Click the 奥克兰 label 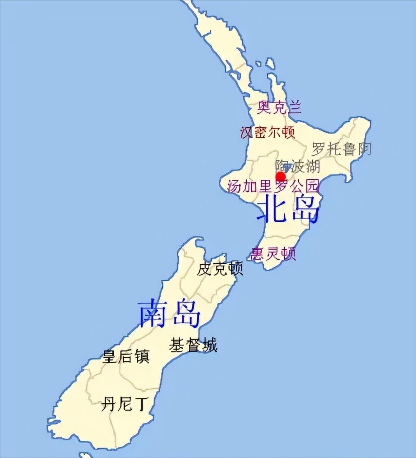pyautogui.click(x=279, y=108)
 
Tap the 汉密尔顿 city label pyautogui.click(x=268, y=132)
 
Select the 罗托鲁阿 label pyautogui.click(x=341, y=149)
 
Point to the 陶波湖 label pyautogui.click(x=298, y=166)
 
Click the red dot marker pyautogui.click(x=280, y=177)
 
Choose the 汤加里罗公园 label pyautogui.click(x=273, y=186)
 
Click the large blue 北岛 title pyautogui.click(x=288, y=210)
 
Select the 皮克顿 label pyautogui.click(x=220, y=269)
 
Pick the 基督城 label pyautogui.click(x=193, y=345)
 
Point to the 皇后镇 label pyautogui.click(x=125, y=356)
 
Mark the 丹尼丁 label pyautogui.click(x=125, y=404)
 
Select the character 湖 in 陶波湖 pyautogui.click(x=312, y=166)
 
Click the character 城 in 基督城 pyautogui.click(x=209, y=345)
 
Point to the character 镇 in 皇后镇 pyautogui.click(x=142, y=356)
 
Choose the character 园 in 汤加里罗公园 pyautogui.click(x=311, y=186)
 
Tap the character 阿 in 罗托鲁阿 pyautogui.click(x=364, y=149)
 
